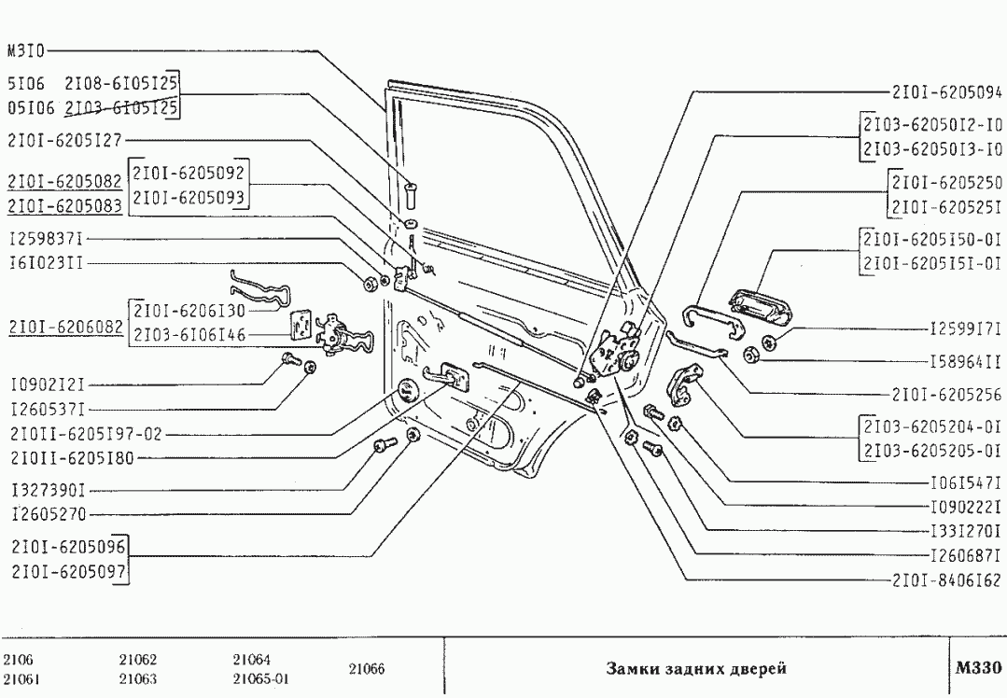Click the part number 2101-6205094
tap(946, 92)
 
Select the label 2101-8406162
tap(946, 579)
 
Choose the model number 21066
tap(367, 669)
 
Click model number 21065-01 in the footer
tap(259, 679)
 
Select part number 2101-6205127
tap(63, 141)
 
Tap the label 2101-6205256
tap(946, 394)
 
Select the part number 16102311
tap(46, 263)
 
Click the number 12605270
tap(48, 513)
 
